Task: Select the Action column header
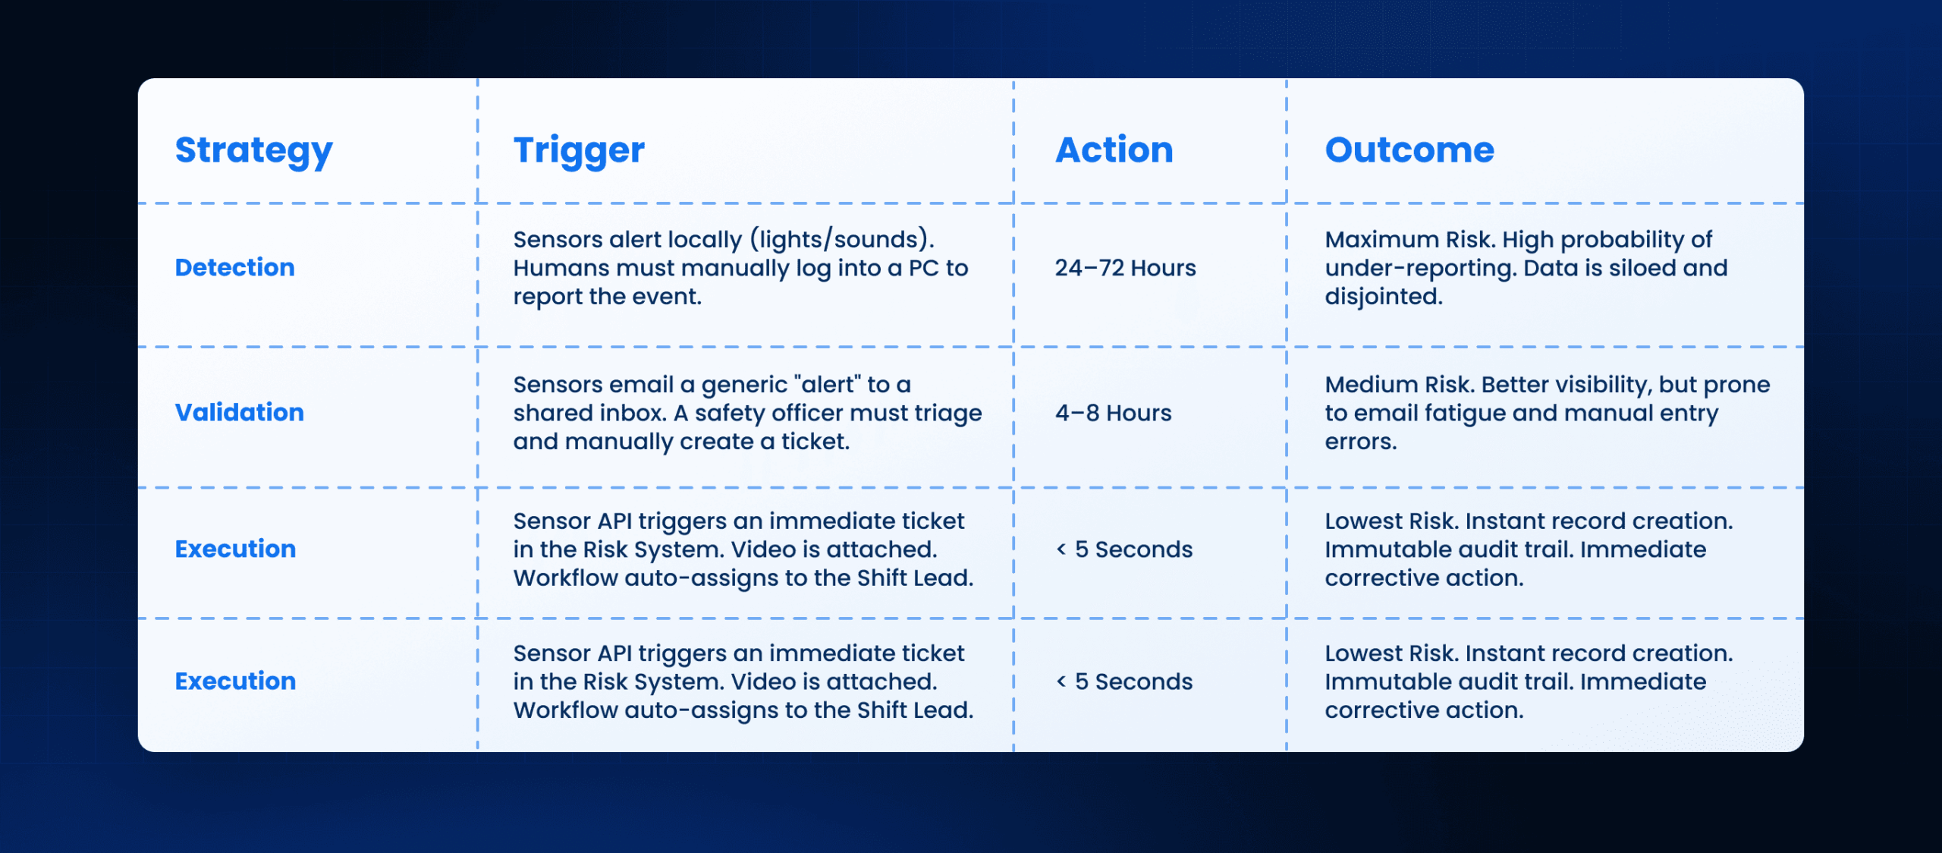[x=1114, y=150]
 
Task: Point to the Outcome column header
[x=1409, y=150]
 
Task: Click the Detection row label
[x=234, y=267]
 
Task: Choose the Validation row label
[x=240, y=412]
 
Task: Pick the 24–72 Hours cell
[x=1125, y=268]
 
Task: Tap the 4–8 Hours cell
[x=1113, y=413]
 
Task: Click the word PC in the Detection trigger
[x=923, y=268]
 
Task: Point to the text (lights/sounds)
[x=842, y=240]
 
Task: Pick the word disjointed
[x=1384, y=297]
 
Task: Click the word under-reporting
[x=1420, y=269]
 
